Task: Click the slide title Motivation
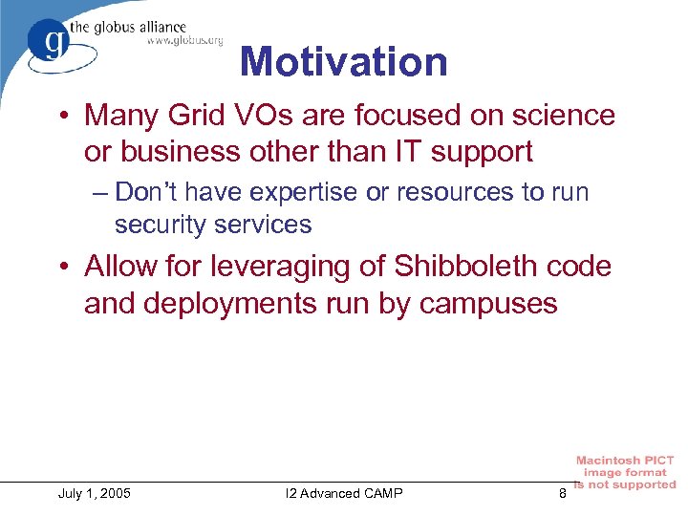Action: click(x=343, y=62)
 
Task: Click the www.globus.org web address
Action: click(x=184, y=40)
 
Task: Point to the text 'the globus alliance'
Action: click(x=140, y=26)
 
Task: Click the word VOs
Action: click(x=263, y=116)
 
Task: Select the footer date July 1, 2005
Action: click(x=94, y=493)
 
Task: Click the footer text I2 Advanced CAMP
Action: click(x=344, y=493)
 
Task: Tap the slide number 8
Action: click(x=562, y=493)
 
